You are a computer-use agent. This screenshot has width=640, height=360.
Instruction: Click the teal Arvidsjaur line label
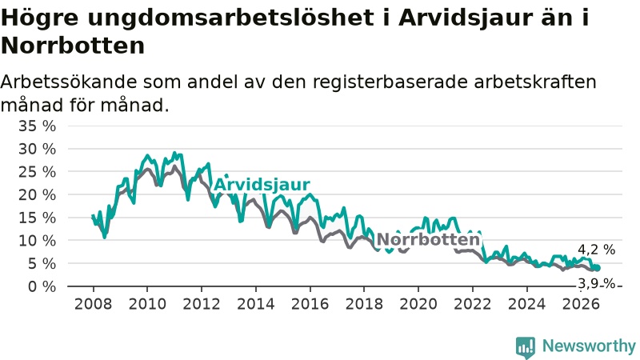(x=262, y=185)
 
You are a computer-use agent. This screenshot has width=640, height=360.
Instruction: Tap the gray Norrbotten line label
(x=428, y=239)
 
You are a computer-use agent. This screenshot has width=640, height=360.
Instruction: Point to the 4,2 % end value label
(x=596, y=250)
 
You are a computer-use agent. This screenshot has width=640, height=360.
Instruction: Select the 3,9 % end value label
(x=596, y=283)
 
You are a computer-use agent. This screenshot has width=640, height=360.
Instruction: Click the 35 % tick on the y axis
(x=37, y=126)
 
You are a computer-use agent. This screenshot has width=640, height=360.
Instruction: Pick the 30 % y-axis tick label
(x=37, y=149)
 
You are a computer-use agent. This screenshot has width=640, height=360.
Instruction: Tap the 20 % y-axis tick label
(x=37, y=194)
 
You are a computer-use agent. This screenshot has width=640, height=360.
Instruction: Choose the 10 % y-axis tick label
(x=37, y=241)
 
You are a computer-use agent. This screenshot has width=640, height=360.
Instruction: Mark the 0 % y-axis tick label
(x=42, y=286)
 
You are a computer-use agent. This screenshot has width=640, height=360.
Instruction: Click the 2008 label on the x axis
(x=93, y=304)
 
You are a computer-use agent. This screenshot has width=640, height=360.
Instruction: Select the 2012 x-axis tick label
(x=202, y=304)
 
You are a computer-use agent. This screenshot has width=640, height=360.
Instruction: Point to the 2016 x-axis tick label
(x=310, y=304)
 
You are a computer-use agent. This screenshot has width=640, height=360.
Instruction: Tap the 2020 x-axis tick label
(x=418, y=304)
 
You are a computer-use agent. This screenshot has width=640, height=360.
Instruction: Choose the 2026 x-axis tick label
(x=581, y=304)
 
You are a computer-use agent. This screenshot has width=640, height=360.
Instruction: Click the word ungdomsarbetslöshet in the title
(x=230, y=18)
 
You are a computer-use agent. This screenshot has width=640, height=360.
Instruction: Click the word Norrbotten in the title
(x=73, y=46)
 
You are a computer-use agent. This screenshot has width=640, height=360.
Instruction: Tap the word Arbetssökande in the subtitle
(x=69, y=82)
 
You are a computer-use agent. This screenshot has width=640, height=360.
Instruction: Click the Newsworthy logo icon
(x=526, y=346)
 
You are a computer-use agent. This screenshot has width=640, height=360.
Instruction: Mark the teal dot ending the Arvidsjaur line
(x=598, y=268)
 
